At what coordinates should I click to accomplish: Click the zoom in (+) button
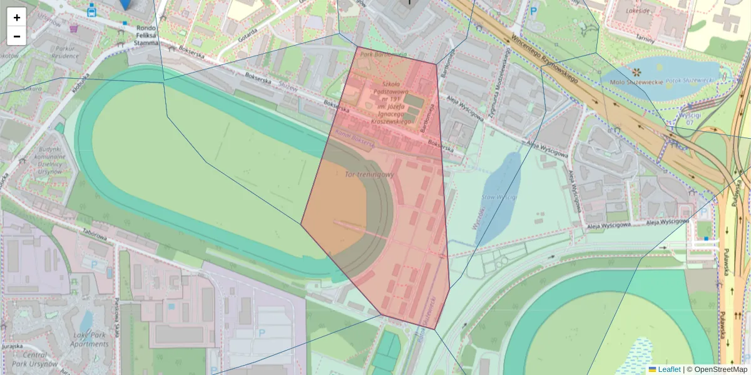(x=17, y=17)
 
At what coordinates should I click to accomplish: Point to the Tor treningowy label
(x=369, y=174)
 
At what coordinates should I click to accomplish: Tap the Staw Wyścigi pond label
(x=499, y=197)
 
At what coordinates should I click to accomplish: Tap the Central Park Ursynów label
(x=35, y=359)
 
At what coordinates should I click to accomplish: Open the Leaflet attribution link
(x=668, y=369)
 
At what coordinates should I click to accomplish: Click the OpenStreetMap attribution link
(x=720, y=369)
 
